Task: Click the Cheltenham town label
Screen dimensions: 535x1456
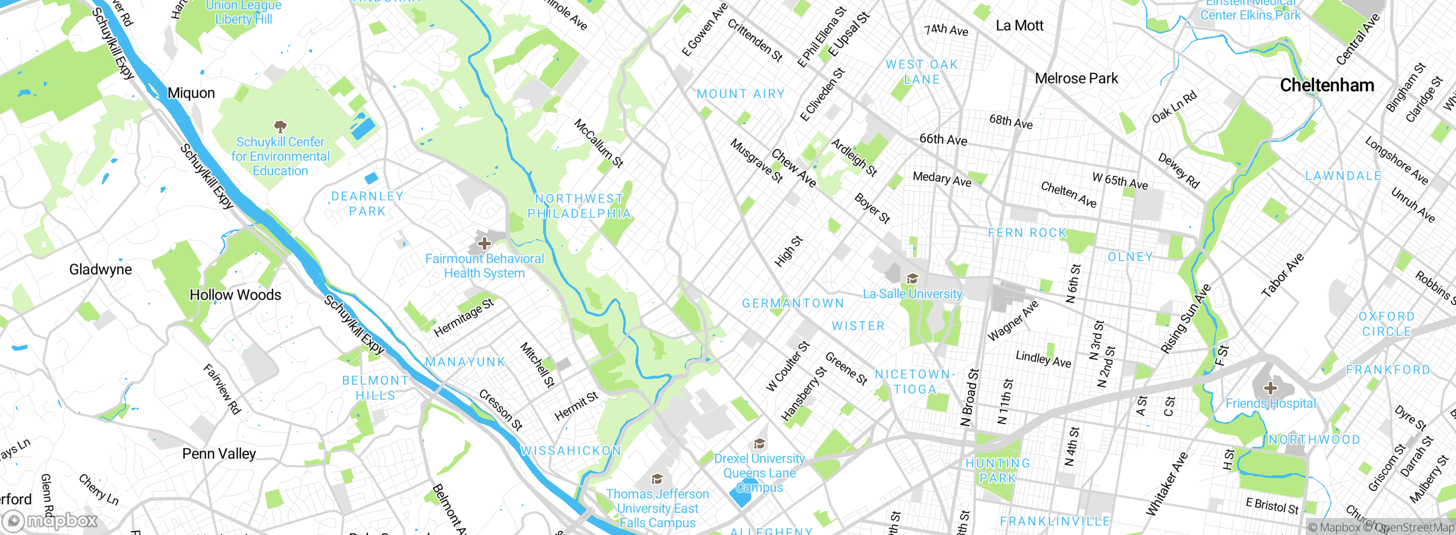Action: point(1326,85)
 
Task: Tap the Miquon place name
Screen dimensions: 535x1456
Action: point(191,93)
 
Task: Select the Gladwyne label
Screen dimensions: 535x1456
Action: point(100,269)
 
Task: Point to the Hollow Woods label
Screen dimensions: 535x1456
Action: point(235,295)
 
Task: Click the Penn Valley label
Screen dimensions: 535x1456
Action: point(219,454)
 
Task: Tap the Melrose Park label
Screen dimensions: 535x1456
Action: point(1076,79)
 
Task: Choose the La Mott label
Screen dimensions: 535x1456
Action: point(1019,26)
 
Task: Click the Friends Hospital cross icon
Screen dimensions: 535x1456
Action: point(1270,389)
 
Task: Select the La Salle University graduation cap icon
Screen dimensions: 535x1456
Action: point(912,278)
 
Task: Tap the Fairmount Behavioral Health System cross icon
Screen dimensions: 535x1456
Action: point(484,244)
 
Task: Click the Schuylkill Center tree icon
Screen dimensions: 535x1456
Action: point(280,126)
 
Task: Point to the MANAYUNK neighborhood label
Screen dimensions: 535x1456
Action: point(465,362)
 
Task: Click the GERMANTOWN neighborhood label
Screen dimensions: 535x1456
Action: point(793,303)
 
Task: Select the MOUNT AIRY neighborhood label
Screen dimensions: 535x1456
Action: point(741,94)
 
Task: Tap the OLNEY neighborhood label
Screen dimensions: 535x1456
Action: point(1130,257)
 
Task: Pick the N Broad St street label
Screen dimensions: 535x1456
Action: point(970,397)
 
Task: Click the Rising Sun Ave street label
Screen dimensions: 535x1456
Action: point(1186,319)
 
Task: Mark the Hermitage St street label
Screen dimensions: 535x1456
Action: point(464,317)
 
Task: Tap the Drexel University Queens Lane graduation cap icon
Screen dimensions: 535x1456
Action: point(759,444)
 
